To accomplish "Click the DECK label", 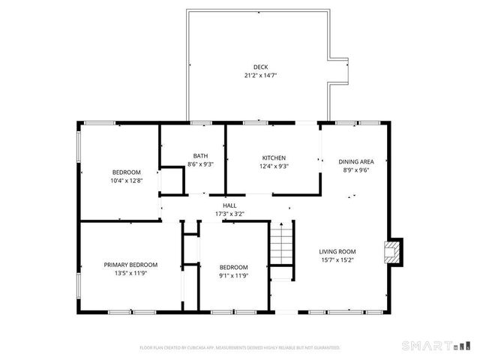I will (x=260, y=67).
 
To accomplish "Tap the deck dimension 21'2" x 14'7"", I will (x=260, y=76).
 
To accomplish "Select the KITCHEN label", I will (x=273, y=157).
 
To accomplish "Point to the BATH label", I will (x=200, y=156).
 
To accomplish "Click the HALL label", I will (x=229, y=205).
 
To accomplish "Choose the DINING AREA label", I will (x=355, y=161).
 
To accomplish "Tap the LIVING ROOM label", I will (x=337, y=251).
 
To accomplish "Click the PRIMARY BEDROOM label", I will (x=130, y=265).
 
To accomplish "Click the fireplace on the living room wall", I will (x=392, y=252).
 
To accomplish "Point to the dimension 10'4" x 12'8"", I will (x=127, y=181).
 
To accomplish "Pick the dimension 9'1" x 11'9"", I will (x=232, y=275).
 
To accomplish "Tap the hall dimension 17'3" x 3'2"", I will (x=229, y=214).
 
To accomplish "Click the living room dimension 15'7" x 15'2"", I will (x=337, y=260).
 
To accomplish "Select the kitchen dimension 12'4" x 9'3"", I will (x=273, y=166).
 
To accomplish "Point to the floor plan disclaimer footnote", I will (x=240, y=348).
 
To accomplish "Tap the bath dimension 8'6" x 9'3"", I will (x=200, y=164).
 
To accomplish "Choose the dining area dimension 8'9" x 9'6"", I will (x=355, y=169).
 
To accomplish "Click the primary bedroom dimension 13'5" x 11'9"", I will (x=130, y=273).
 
